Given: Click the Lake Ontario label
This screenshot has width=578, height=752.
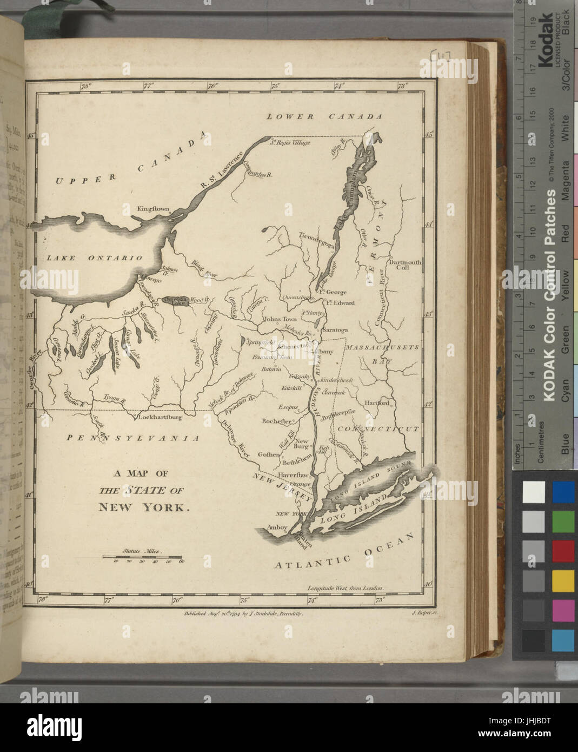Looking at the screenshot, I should (x=94, y=258).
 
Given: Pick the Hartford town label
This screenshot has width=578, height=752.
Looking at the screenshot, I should (x=377, y=403).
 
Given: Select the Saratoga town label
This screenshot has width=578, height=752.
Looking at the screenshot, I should (x=334, y=329).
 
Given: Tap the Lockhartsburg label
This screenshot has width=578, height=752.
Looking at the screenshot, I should (x=160, y=418).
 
